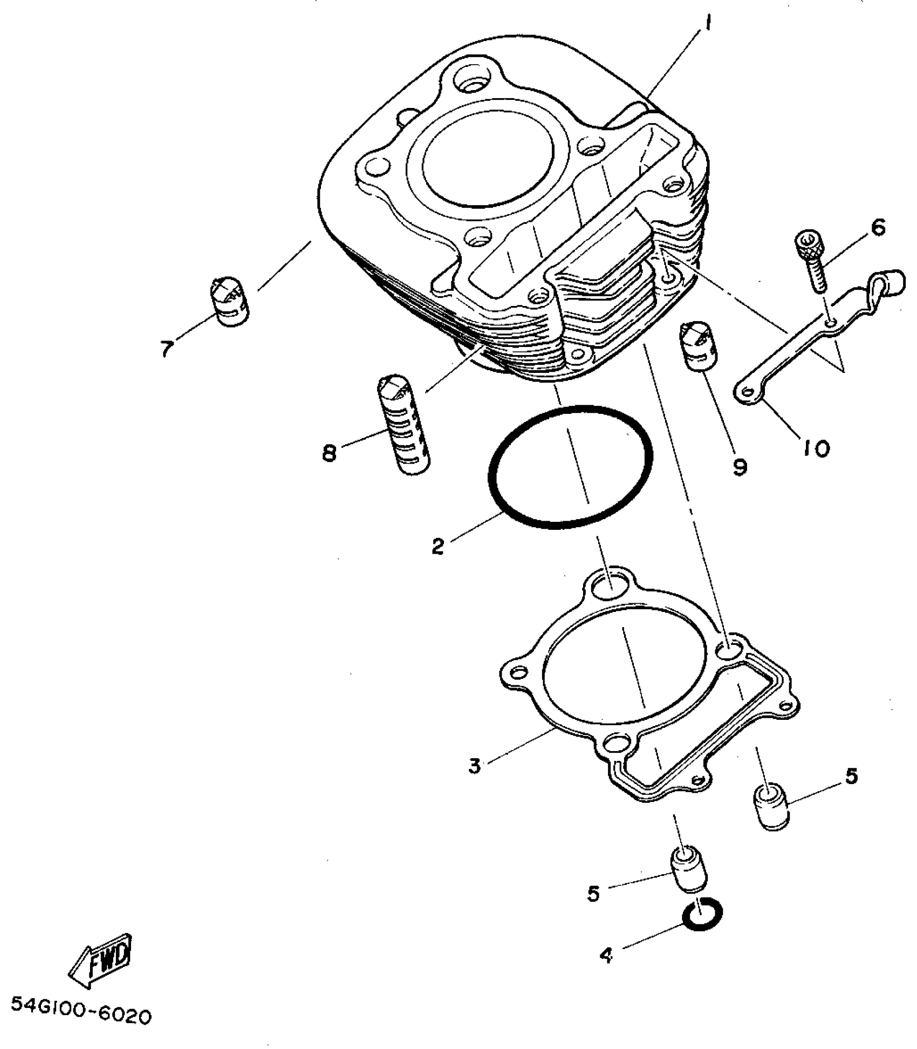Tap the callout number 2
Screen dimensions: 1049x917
[x=437, y=547]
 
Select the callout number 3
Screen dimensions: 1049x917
[x=474, y=766]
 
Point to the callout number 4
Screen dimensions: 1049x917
[x=606, y=956]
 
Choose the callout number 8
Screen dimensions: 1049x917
[x=329, y=452]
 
